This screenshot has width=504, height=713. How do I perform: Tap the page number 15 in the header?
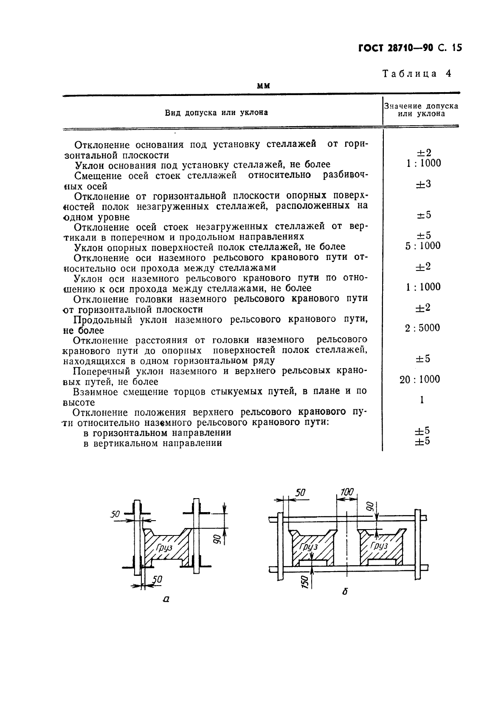[x=456, y=48]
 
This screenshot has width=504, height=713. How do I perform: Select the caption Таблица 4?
[x=417, y=73]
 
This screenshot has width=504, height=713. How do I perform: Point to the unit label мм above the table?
[x=264, y=86]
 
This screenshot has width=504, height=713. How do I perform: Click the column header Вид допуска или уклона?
[x=217, y=113]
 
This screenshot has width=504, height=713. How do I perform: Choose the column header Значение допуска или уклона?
[x=421, y=110]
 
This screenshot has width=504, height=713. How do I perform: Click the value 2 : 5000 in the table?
[x=422, y=327]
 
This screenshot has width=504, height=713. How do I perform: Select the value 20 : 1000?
[x=420, y=379]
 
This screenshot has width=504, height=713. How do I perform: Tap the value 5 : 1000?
[x=422, y=245]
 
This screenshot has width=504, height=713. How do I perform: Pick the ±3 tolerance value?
[x=423, y=184]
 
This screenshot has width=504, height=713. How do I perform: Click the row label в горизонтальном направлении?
[x=158, y=433]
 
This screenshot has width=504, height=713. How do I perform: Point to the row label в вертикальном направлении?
[x=153, y=443]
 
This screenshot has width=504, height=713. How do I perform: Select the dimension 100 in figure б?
[x=346, y=492]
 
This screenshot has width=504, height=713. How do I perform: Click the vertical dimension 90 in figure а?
[x=216, y=540]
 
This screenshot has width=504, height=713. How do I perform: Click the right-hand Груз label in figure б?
[x=379, y=545]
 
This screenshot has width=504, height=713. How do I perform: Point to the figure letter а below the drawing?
[x=166, y=599]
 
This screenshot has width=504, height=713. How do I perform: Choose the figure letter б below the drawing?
[x=345, y=591]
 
